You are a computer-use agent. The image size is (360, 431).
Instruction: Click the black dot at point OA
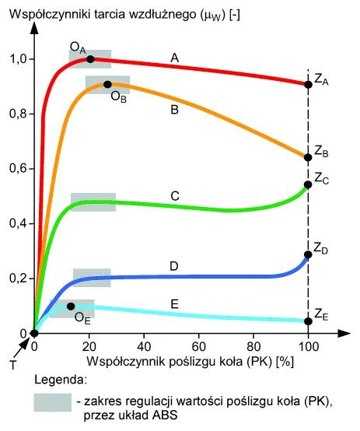point(90,59)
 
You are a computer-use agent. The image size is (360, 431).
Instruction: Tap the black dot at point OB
point(108,84)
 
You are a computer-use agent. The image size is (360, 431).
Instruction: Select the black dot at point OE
point(71,307)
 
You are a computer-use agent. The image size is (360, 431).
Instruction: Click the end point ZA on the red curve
point(309,84)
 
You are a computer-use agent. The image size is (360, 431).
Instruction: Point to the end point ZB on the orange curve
point(309,157)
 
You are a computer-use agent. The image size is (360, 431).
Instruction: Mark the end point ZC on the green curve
point(309,184)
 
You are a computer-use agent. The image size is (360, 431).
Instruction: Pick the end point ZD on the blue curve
point(309,254)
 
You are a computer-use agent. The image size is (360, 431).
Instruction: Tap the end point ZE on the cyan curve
point(309,321)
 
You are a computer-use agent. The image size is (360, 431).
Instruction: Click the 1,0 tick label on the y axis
point(19,59)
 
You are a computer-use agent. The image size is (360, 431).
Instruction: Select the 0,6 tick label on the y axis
point(19,168)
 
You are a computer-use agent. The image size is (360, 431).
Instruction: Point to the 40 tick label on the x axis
point(144,347)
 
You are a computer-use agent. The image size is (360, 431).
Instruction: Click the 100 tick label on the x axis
point(309,347)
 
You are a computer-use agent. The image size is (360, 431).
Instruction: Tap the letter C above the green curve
point(175,196)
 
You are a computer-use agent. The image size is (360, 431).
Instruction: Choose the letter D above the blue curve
point(174,266)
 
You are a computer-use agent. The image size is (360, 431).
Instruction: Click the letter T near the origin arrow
point(13,366)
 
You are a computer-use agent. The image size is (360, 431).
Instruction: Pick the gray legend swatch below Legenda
point(53,403)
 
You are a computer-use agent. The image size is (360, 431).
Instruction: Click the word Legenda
point(61,380)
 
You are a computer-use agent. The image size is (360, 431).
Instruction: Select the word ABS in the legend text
point(165,415)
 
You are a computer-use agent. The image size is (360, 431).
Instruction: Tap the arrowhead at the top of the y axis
point(34,28)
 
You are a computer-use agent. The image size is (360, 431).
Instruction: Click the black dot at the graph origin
point(34,334)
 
